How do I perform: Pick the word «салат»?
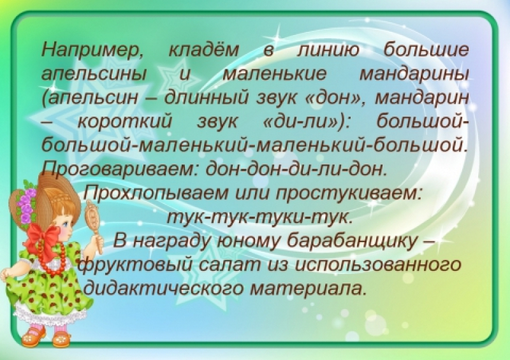230,265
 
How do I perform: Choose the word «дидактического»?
164,289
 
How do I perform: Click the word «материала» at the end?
308,289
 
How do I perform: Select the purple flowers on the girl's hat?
27,201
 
